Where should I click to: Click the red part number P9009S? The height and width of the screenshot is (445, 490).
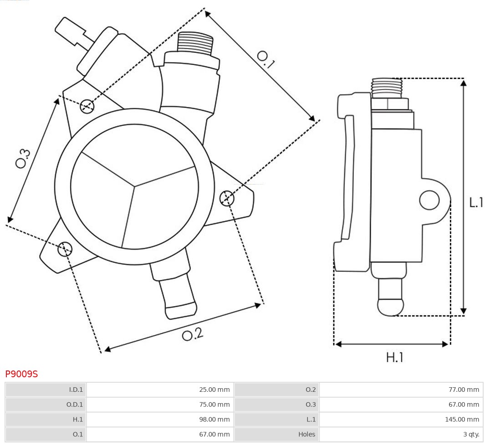coord(21,374)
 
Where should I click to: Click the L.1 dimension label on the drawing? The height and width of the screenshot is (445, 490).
coord(476,202)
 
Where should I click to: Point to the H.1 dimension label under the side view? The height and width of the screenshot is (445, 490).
coord(395,358)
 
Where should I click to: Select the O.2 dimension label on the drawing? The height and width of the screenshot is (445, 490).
coord(192,335)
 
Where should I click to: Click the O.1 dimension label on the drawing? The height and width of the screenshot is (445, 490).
coord(265,59)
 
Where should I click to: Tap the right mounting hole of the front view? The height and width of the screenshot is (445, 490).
coord(227,199)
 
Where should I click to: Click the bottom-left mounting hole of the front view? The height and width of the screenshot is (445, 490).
coord(65,248)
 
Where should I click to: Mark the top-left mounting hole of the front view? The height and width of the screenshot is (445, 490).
coord(87,106)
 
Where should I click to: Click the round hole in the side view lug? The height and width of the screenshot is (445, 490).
coord(429,200)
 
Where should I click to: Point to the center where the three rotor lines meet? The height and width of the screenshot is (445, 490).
coord(134,185)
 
